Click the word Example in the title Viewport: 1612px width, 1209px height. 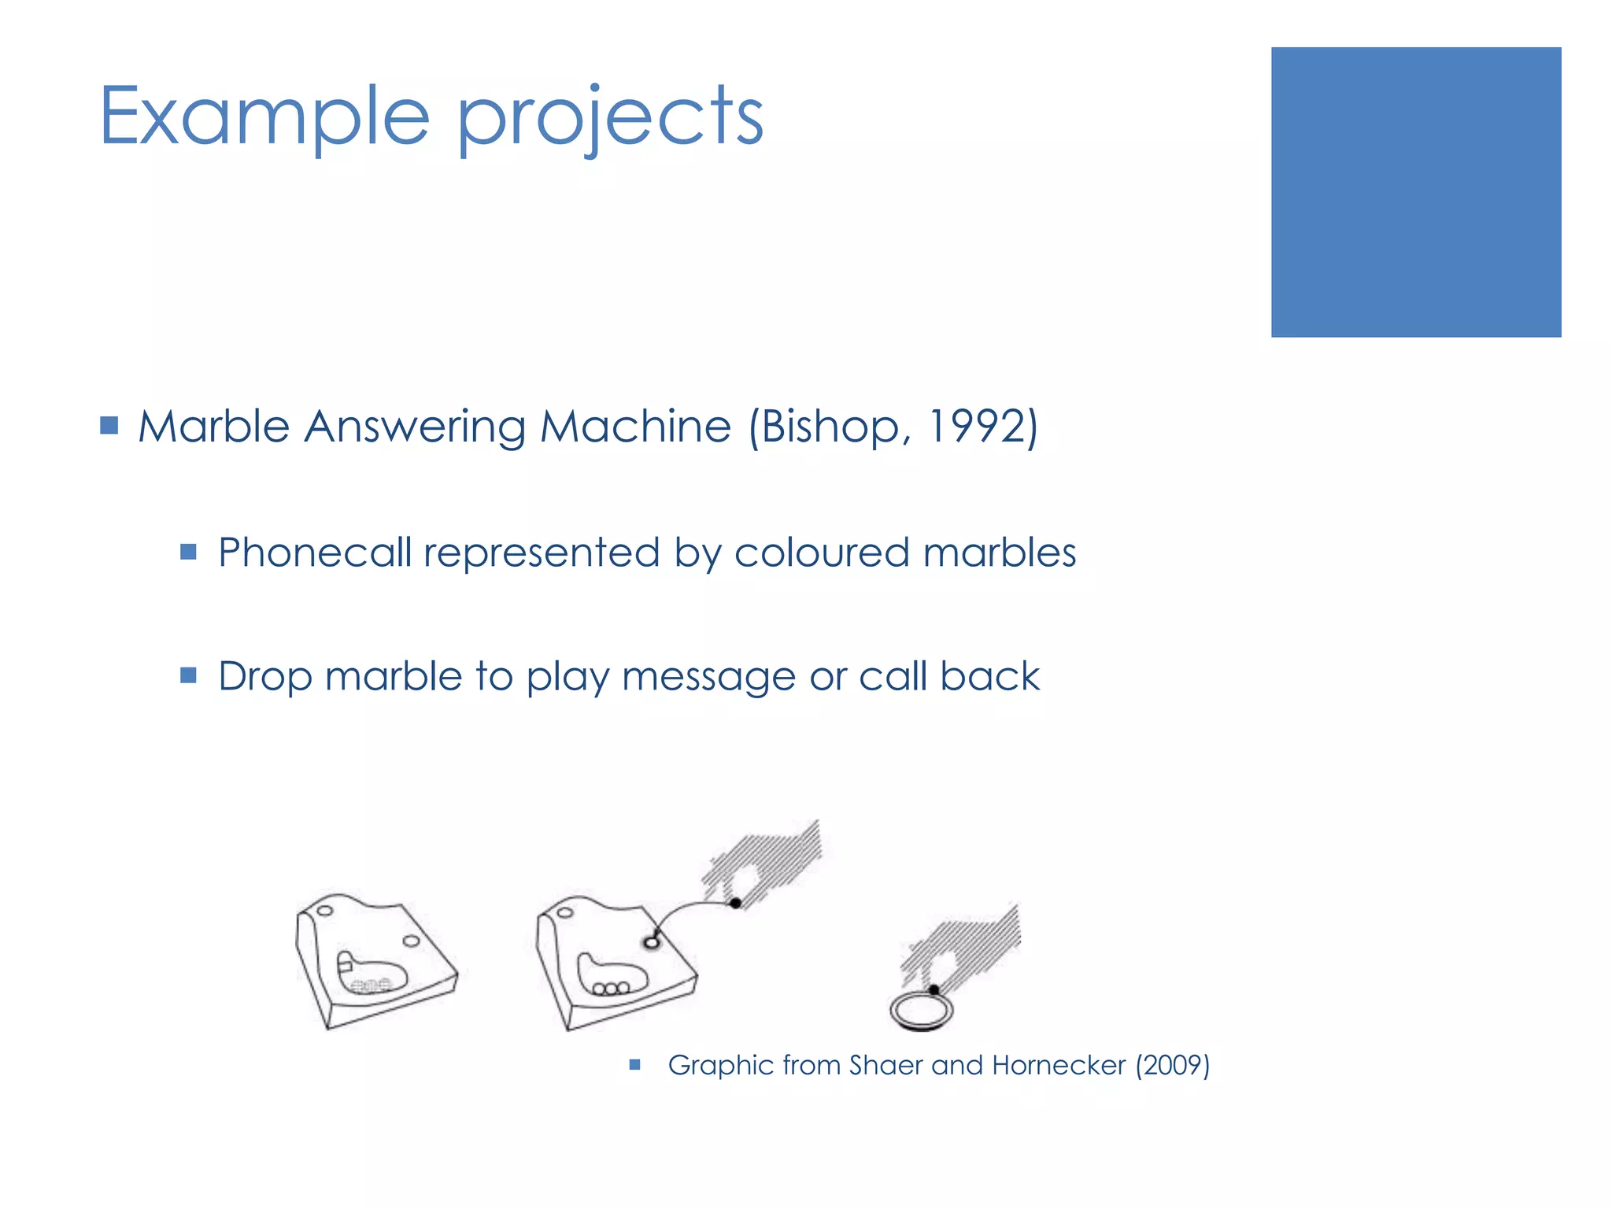coord(264,118)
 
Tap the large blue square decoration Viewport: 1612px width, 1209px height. coord(1415,192)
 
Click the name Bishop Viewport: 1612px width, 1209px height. coord(830,427)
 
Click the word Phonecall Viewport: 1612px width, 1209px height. coord(315,553)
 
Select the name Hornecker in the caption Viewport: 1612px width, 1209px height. coord(1058,1065)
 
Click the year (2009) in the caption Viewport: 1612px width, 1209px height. coord(1172,1065)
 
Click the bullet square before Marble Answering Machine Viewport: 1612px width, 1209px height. coord(109,426)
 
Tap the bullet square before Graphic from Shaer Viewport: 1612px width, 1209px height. coord(635,1065)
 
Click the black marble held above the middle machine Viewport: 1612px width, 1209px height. coord(735,903)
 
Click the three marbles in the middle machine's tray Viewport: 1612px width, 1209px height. coord(612,988)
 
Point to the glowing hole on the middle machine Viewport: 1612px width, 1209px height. coord(651,942)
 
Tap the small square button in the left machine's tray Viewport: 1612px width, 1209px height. coord(345,965)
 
